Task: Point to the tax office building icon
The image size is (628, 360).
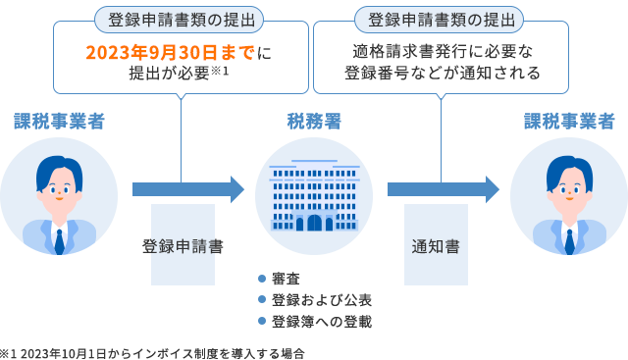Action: click(314, 197)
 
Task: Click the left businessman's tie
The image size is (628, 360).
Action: click(60, 238)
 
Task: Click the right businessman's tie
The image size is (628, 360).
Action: click(570, 238)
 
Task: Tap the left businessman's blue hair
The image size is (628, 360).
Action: click(57, 168)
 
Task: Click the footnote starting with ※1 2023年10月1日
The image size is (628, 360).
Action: click(152, 352)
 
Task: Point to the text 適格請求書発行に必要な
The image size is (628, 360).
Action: click(441, 51)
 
